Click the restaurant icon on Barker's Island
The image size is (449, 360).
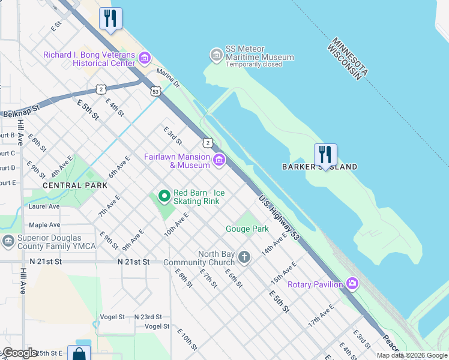[325, 155]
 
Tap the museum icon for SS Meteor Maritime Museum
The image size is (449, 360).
[216, 55]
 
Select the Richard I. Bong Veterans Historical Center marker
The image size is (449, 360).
[145, 59]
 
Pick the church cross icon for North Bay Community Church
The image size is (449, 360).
[244, 257]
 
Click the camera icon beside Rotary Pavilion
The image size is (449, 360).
[352, 284]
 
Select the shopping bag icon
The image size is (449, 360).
[79, 353]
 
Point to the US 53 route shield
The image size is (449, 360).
[155, 92]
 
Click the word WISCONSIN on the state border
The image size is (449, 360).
[346, 61]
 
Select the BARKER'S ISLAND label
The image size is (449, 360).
[319, 167]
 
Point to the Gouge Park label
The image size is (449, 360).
[247, 229]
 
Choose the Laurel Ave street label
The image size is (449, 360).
[44, 206]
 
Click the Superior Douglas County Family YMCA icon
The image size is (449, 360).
[8, 241]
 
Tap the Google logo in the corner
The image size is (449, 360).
[20, 353]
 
